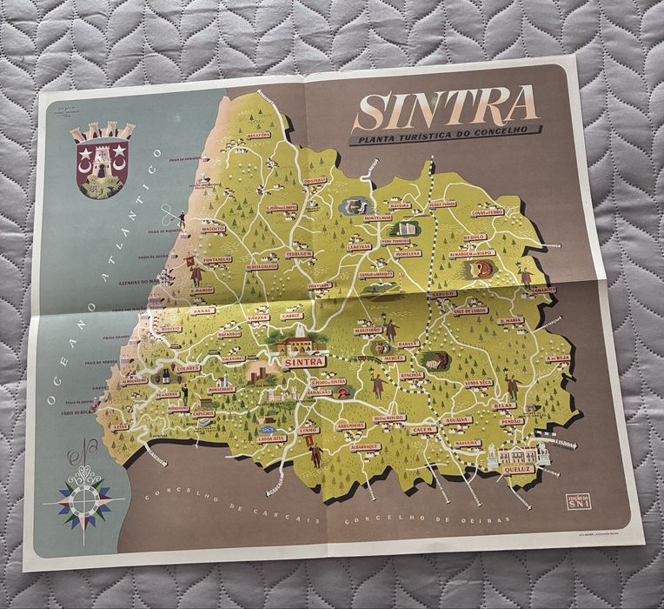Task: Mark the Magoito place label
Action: click(214, 229)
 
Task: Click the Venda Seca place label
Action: click(479, 382)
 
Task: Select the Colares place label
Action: click(187, 368)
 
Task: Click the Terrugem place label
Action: click(298, 253)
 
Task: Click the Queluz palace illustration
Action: click(516, 453)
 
